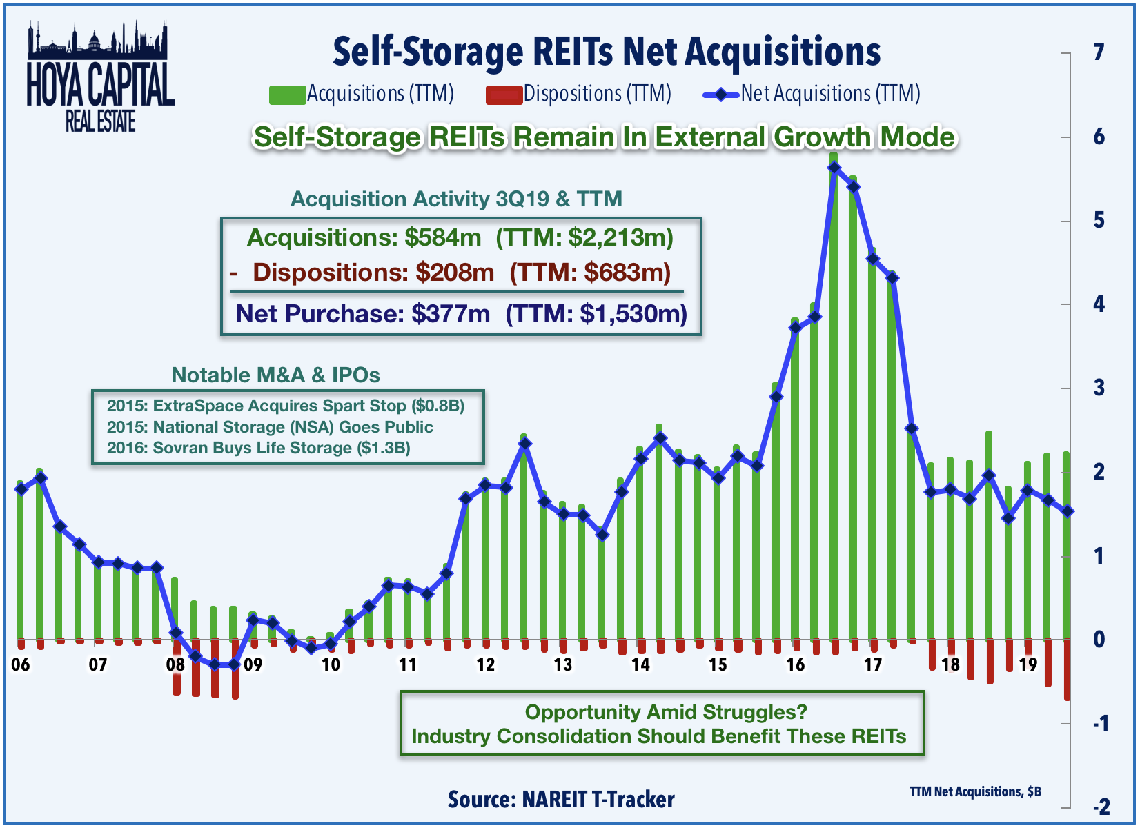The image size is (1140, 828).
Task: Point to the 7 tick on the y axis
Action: pos(1099,52)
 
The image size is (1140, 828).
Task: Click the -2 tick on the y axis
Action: pos(1101,807)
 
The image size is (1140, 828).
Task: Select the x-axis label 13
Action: pos(562,664)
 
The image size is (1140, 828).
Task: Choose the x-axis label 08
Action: pos(175,664)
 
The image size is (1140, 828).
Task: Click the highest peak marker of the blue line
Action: pos(834,168)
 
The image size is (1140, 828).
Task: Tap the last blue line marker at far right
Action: pos(1068,511)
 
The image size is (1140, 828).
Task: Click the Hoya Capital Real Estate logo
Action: pos(100,77)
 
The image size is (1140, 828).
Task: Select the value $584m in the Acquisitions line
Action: pos(442,238)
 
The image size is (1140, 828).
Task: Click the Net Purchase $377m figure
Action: pos(450,314)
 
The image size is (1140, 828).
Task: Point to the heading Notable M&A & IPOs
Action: pos(275,375)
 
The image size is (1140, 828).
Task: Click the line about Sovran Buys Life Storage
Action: pos(259,448)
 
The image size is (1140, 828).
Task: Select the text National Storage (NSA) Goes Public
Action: pos(293,427)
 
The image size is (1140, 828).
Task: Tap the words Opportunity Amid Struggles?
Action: pos(665,712)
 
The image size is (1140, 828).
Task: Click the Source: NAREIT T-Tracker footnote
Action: pos(561,800)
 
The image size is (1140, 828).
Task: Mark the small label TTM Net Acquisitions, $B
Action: pos(975,792)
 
